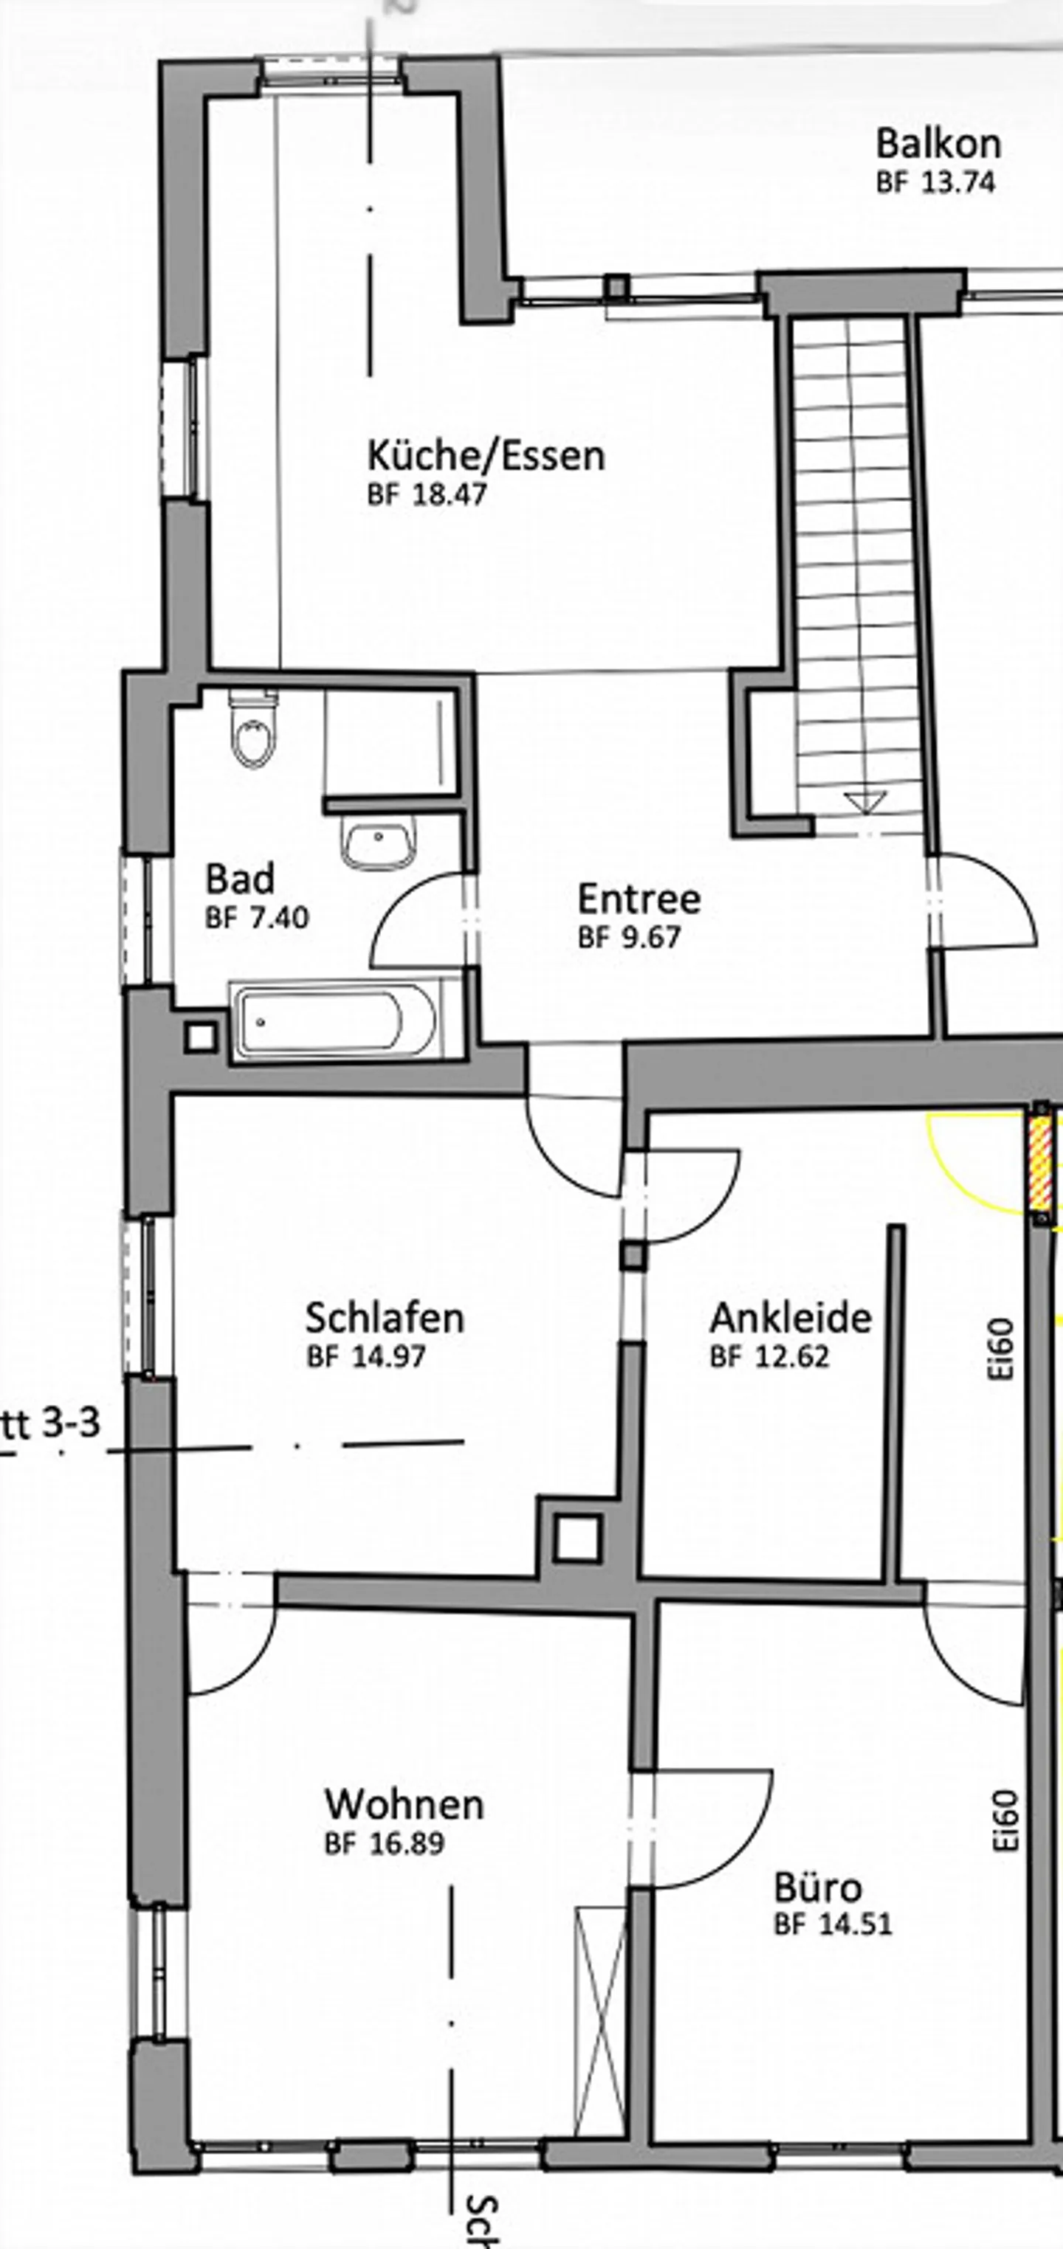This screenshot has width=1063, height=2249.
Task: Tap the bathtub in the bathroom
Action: coord(337,1020)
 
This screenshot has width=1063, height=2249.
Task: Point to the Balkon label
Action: coord(938,142)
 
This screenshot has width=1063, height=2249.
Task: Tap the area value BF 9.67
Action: coord(629,937)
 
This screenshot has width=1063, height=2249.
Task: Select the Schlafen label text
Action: coord(385,1316)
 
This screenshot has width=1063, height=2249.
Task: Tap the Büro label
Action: coord(819,1887)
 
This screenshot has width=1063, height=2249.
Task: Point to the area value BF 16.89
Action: coord(385,1843)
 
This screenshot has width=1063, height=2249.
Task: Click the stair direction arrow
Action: coord(864,801)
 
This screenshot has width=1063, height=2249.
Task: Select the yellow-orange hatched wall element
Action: coord(1040,1167)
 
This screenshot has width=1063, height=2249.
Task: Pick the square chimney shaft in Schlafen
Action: coord(577,1538)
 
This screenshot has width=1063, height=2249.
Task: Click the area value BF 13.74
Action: coord(935,182)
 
